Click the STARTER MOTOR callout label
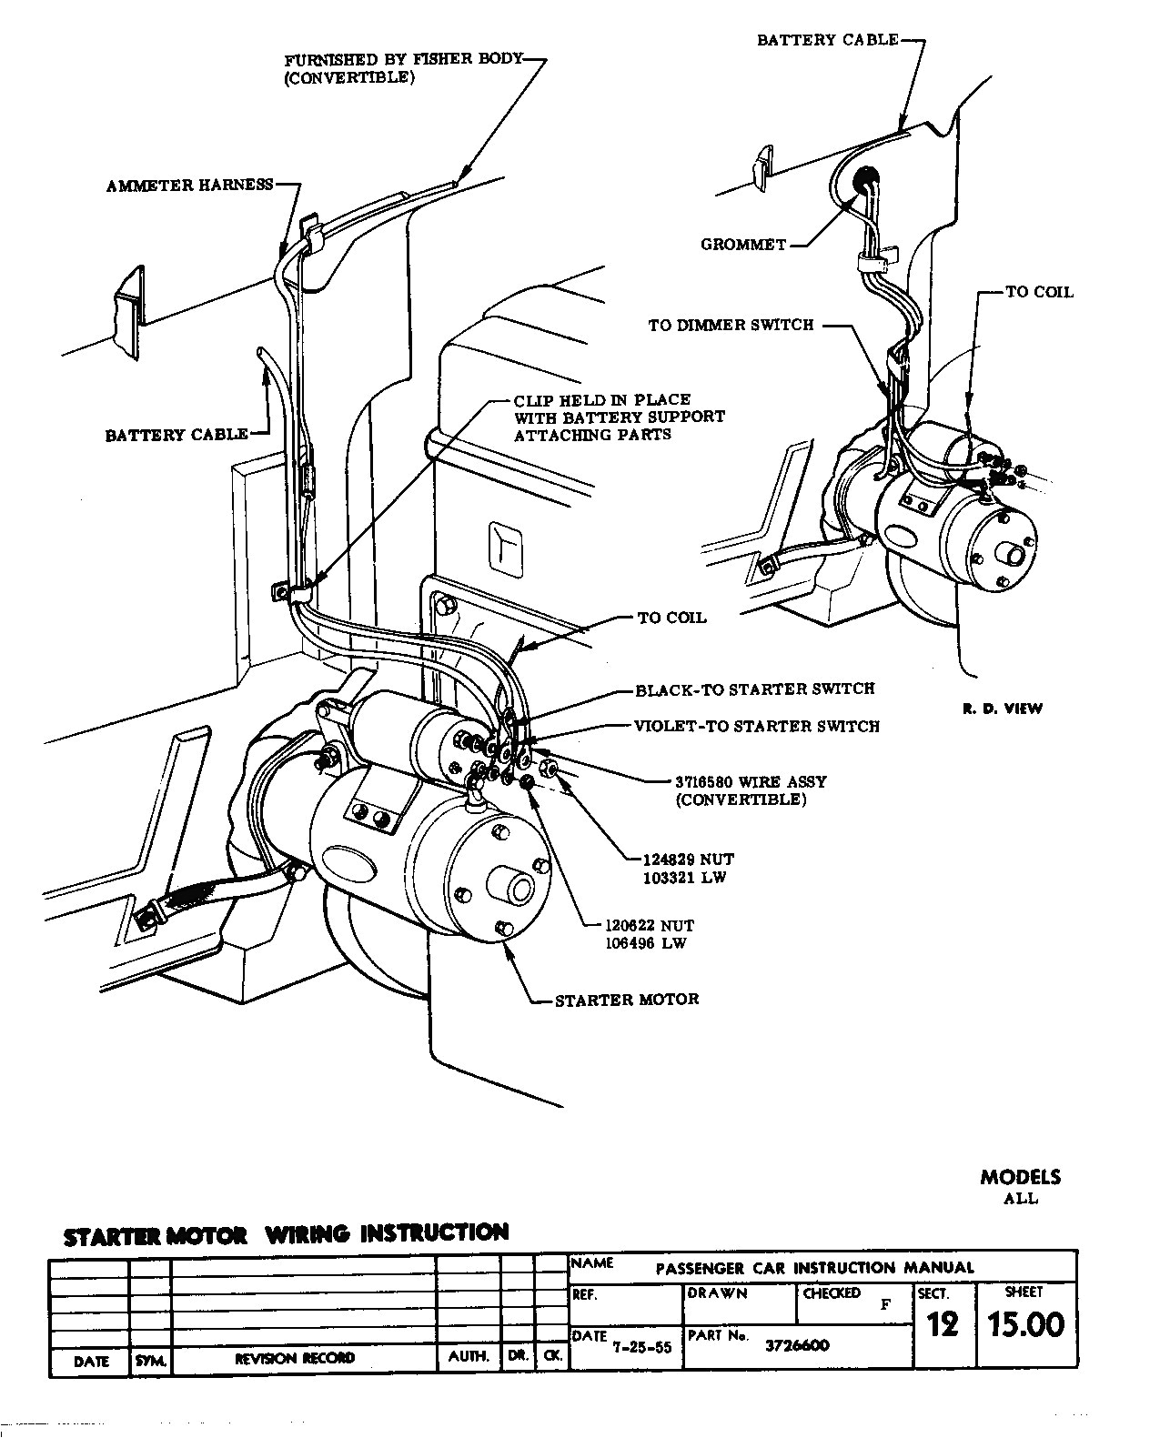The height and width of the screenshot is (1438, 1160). (x=627, y=999)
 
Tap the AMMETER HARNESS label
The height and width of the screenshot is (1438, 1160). (x=189, y=186)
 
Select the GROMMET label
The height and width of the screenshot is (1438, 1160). (x=742, y=245)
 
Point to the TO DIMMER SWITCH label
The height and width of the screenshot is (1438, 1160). (x=731, y=325)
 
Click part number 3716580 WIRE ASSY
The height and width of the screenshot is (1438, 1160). (x=751, y=781)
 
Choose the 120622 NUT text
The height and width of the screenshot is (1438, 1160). (x=649, y=925)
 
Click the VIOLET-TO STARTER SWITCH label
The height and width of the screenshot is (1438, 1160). (x=756, y=726)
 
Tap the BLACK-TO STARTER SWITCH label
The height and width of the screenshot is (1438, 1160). (x=754, y=689)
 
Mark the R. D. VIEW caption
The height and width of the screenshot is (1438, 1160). (x=1003, y=709)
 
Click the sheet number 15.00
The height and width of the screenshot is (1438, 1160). (x=1025, y=1324)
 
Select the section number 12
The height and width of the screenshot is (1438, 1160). (x=943, y=1325)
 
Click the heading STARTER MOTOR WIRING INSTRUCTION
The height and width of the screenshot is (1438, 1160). (x=286, y=1235)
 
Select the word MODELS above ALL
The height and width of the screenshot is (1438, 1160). (x=1020, y=1176)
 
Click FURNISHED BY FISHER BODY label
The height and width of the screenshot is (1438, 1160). (x=403, y=60)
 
